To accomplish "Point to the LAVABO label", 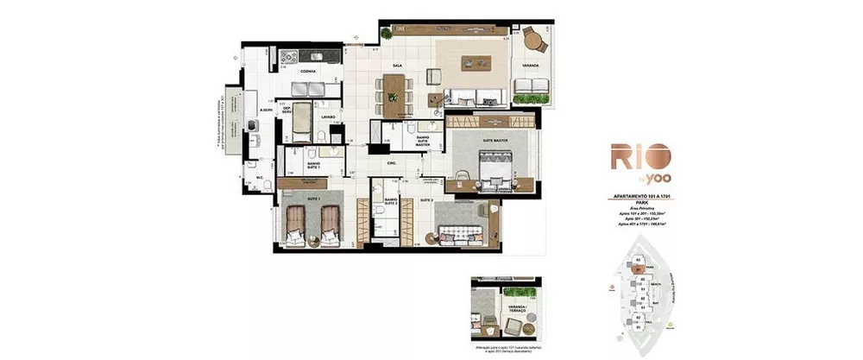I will (x=327, y=116).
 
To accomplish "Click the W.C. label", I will (x=258, y=179).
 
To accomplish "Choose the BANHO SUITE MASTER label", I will (x=423, y=142).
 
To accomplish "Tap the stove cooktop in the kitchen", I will (x=308, y=57).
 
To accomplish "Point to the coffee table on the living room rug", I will (x=474, y=60).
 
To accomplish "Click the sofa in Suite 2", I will (x=459, y=234).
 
